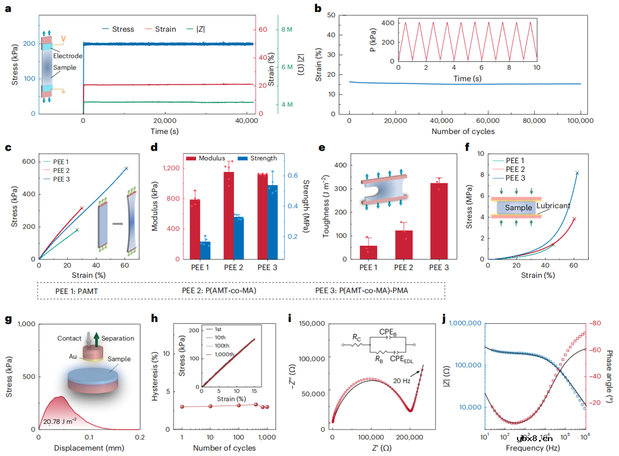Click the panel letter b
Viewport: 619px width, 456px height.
click(318, 9)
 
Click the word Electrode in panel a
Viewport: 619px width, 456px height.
click(68, 56)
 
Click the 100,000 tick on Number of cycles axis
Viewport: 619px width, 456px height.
click(580, 121)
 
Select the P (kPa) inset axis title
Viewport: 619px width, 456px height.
click(373, 42)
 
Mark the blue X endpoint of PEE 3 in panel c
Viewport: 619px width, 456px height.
click(126, 168)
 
